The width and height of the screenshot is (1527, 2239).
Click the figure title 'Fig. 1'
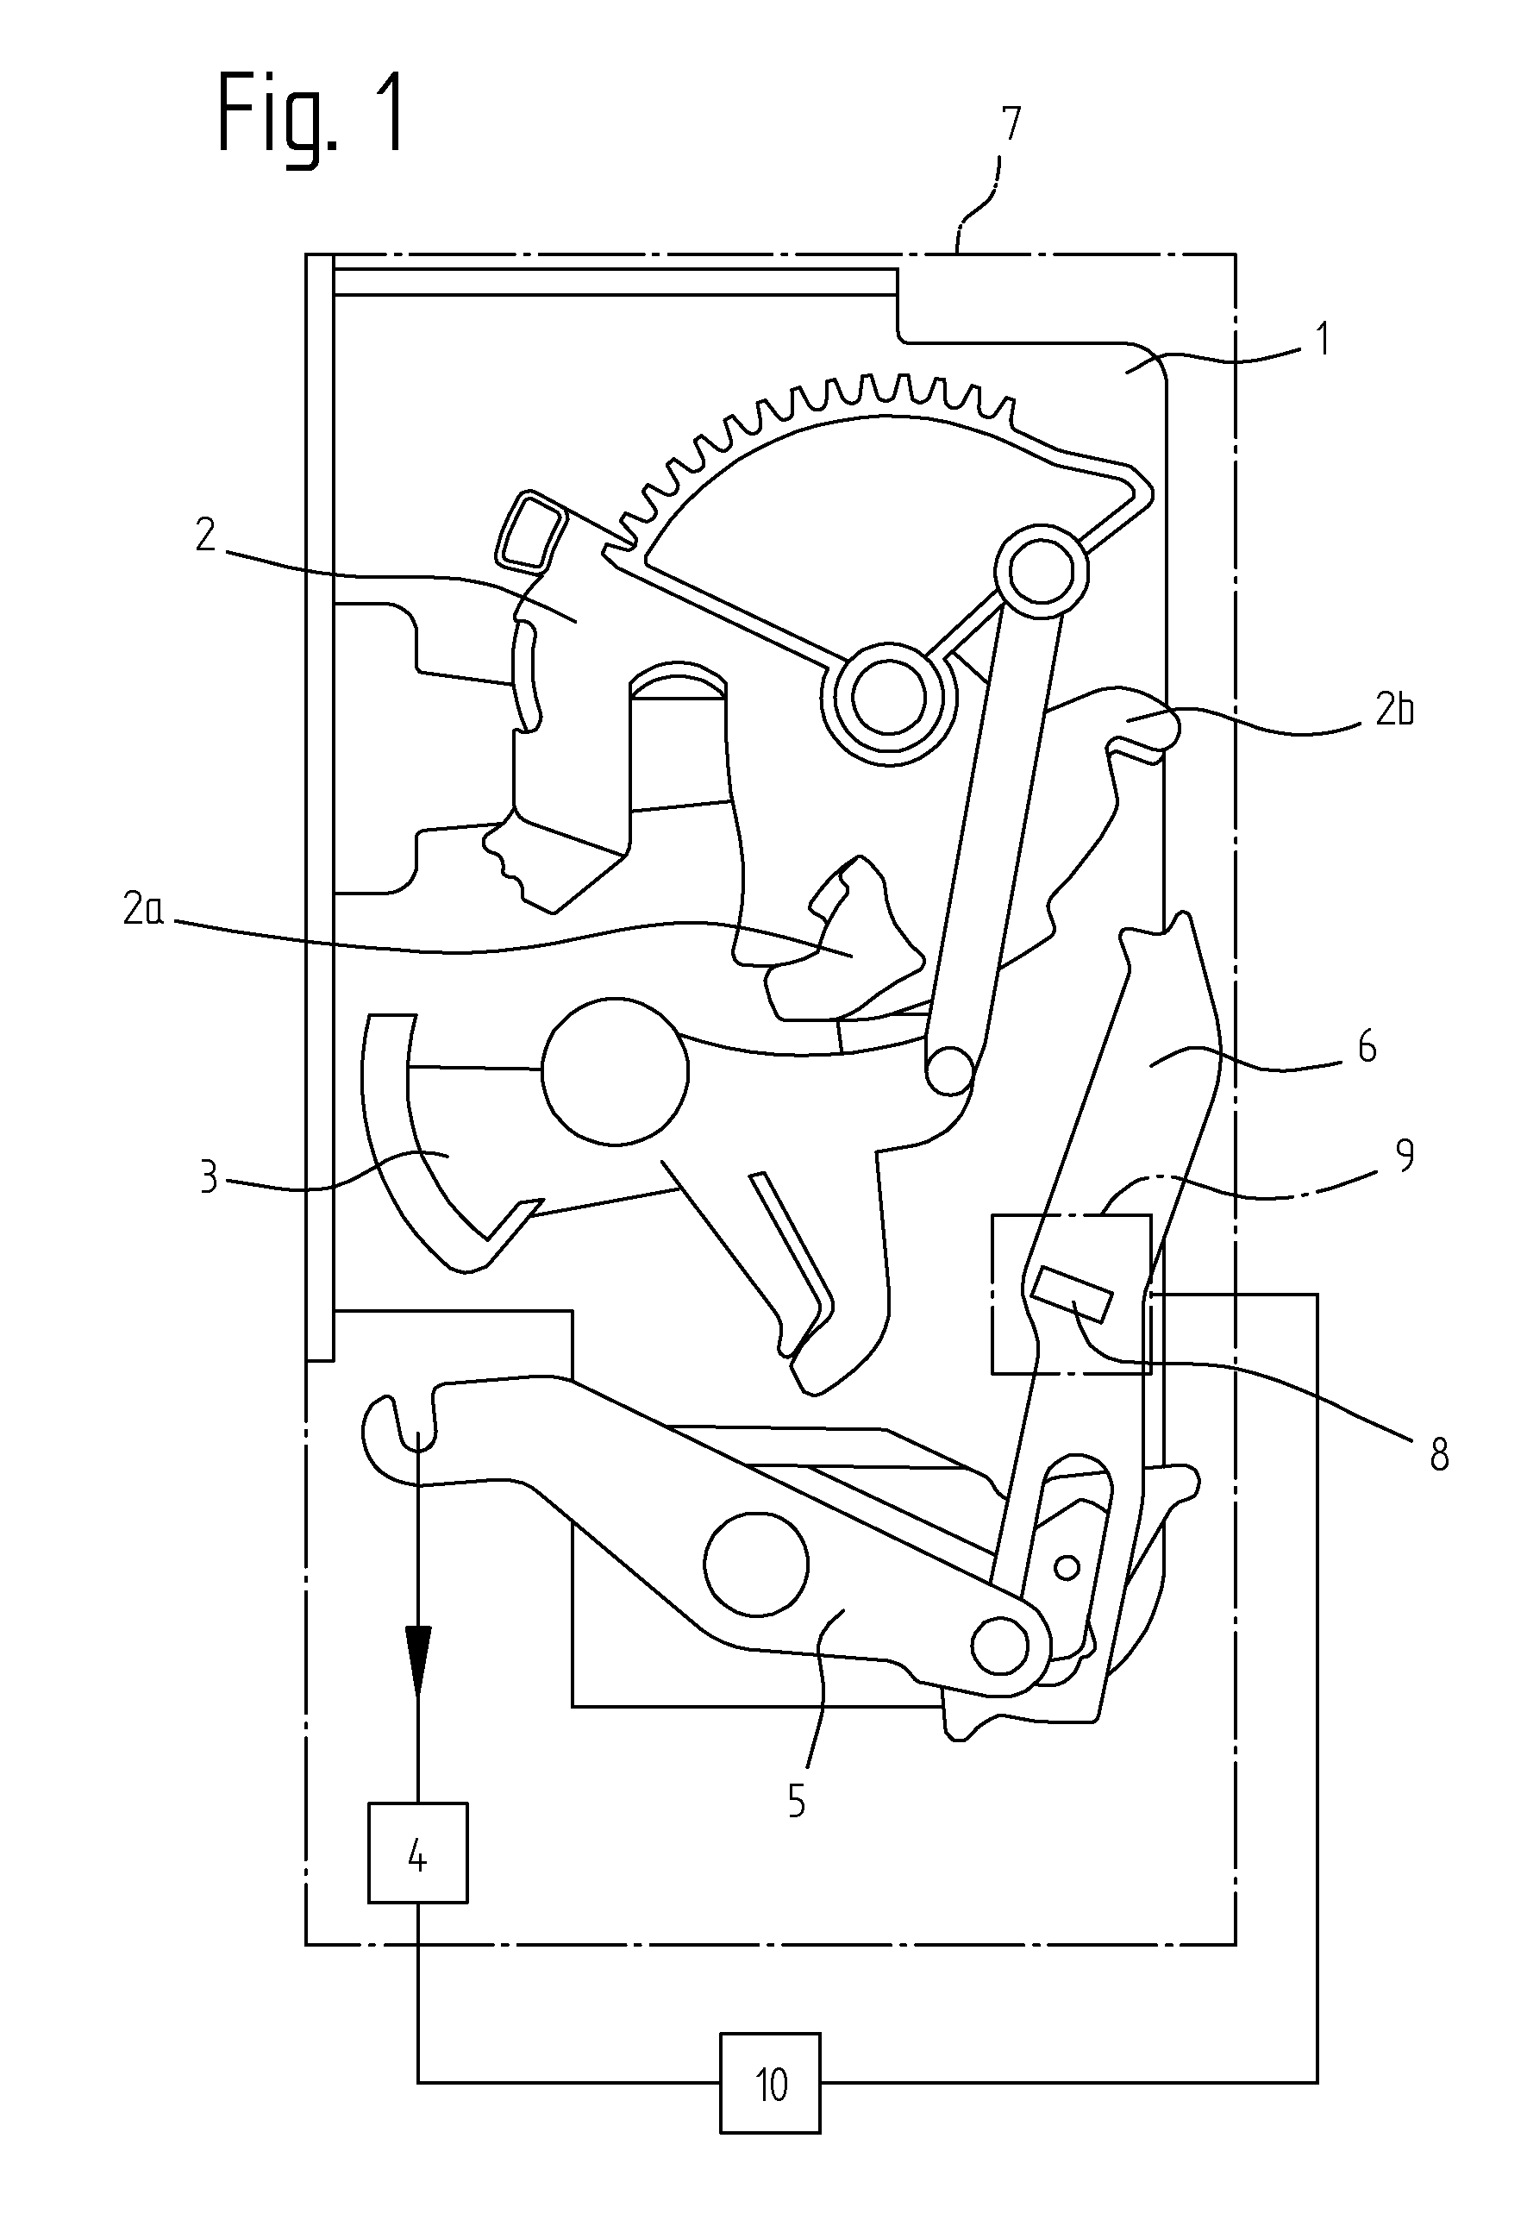coord(311,116)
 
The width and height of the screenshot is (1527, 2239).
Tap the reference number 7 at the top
coord(1010,125)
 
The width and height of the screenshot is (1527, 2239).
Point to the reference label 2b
coord(1393,710)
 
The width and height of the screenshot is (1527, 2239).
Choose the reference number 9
coord(1405,1154)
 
